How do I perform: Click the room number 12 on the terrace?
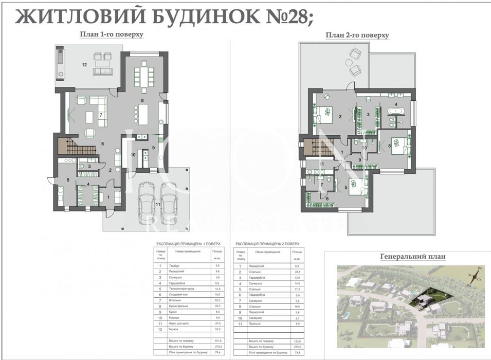pos(84,65)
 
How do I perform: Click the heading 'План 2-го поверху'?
pos(356,35)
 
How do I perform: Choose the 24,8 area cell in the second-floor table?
pos(297,271)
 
